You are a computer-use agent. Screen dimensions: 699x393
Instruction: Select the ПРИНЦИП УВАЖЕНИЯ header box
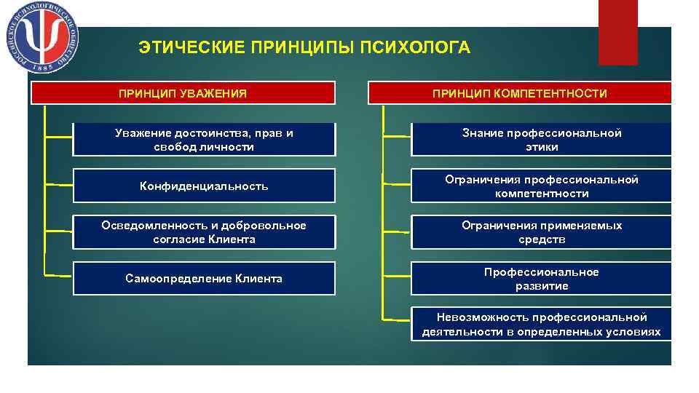pyautogui.click(x=182, y=93)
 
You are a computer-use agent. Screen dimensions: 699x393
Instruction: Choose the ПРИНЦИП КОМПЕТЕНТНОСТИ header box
pyautogui.click(x=519, y=93)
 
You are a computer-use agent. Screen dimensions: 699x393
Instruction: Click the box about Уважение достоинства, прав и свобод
pyautogui.click(x=204, y=140)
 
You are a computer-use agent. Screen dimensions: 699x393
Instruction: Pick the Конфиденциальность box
pyautogui.click(x=204, y=186)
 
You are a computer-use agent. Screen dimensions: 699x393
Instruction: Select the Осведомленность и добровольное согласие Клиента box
pyautogui.click(x=204, y=232)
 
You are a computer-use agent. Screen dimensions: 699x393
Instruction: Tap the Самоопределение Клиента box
pyautogui.click(x=204, y=279)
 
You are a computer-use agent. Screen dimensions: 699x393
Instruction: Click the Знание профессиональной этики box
pyautogui.click(x=542, y=140)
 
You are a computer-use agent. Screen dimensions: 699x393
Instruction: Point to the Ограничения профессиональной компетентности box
pyautogui.click(x=542, y=186)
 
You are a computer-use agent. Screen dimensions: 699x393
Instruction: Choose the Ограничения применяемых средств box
pyautogui.click(x=542, y=232)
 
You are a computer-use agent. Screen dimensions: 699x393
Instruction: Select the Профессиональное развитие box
pyautogui.click(x=542, y=279)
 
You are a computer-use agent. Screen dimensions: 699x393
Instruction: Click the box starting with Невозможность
pyautogui.click(x=542, y=325)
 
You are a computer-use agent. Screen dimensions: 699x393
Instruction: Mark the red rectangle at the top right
pyautogui.click(x=617, y=32)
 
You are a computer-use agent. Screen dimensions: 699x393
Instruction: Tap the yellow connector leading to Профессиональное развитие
pyautogui.click(x=397, y=277)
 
